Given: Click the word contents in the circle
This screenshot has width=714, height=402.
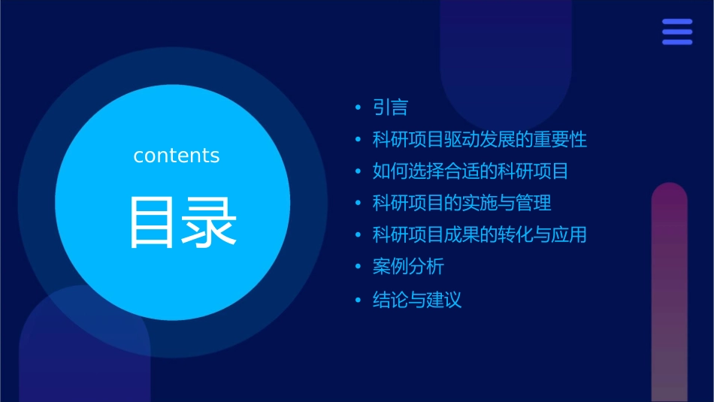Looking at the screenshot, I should pos(177,156).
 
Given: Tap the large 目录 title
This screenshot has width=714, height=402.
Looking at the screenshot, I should pos(183,222).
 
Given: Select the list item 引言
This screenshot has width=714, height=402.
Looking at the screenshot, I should pos(390,108).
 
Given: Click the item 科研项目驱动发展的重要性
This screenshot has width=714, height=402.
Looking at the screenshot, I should pos(480,140).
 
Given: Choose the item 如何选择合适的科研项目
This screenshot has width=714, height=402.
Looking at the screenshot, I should pos(470,171).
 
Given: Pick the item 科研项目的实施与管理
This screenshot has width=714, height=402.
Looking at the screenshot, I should pos(462,203).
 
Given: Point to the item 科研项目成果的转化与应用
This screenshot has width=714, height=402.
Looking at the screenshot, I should pos(480,235).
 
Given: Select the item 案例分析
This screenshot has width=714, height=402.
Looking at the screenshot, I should pos(408,267).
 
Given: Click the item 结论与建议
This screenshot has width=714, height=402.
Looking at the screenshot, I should pos(417,301).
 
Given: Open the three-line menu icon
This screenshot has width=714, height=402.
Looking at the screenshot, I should pos(677,32).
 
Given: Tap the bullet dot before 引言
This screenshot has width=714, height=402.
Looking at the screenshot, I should pos(359,108).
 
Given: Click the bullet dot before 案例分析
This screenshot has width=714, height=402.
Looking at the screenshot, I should pos(359,267).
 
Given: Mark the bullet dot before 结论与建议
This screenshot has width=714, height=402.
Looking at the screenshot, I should pos(359,301).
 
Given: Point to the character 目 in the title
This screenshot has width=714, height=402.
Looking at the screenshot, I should pos(153,222).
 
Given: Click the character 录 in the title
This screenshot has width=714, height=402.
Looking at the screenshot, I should pos(211,222).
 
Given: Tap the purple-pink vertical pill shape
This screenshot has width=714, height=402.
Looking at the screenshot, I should pos(669,293).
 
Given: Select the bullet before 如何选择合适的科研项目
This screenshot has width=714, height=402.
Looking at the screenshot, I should pos(359,171).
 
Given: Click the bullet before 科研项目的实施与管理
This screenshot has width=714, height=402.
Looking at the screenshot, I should pos(359,203).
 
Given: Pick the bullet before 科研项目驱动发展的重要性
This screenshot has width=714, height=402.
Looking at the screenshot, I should pos(359,140).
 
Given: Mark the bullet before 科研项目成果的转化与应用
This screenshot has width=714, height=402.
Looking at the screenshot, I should pos(359,235).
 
